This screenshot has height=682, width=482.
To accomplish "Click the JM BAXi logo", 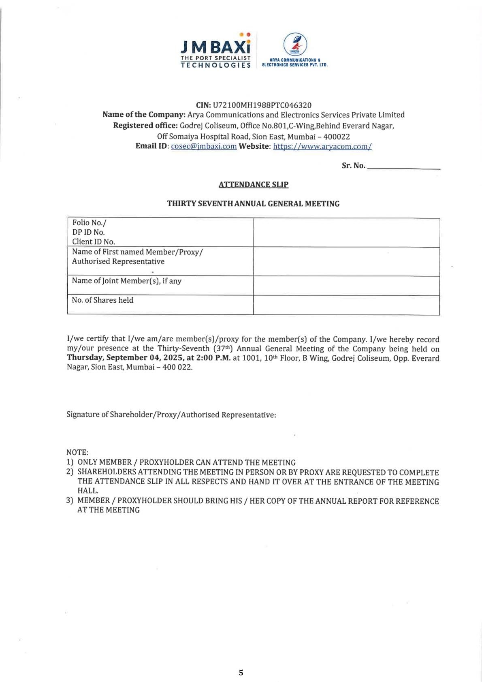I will coord(215,51).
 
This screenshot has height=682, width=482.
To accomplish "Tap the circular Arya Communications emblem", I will coord(294,44).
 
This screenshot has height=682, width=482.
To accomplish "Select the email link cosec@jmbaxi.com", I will coord(204,146).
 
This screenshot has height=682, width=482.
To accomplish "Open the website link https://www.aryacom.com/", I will coord(322,146).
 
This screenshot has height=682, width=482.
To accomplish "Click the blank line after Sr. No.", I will coord(403,166).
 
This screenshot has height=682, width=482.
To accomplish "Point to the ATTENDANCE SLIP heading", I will coord(254,185).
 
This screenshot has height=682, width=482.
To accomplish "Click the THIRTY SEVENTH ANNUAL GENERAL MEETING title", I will coord(253,204).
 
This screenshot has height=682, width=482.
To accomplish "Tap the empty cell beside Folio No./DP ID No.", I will coord(346,233).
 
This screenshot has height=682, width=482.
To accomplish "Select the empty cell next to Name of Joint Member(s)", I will coord(346,286).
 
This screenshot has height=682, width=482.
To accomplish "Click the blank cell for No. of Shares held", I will coord(346,305).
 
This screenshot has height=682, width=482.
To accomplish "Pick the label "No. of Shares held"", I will coord(102,300).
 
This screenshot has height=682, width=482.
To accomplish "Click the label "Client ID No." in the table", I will coord(94,242).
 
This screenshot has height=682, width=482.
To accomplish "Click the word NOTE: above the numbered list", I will coord(77,452).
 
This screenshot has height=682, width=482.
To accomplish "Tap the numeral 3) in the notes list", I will coord(70,501).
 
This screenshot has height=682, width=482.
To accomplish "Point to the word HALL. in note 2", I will coord(88,491).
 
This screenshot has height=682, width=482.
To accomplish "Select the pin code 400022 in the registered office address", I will coord(337,137).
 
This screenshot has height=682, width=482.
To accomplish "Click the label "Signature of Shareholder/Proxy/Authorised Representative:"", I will coord(171,415).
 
